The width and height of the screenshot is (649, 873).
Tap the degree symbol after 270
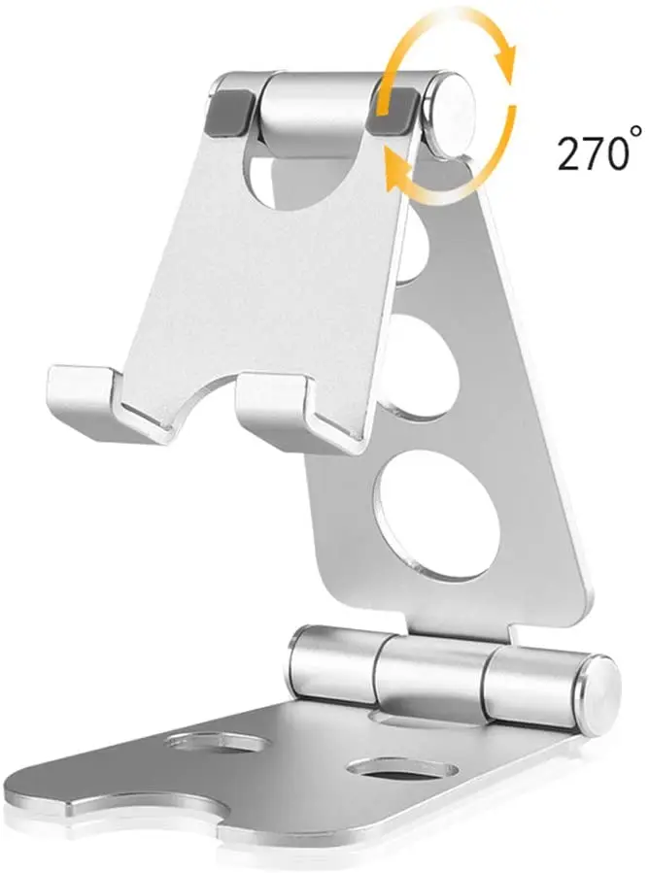click(x=636, y=131)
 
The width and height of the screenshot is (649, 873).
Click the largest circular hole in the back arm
click(x=435, y=516)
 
